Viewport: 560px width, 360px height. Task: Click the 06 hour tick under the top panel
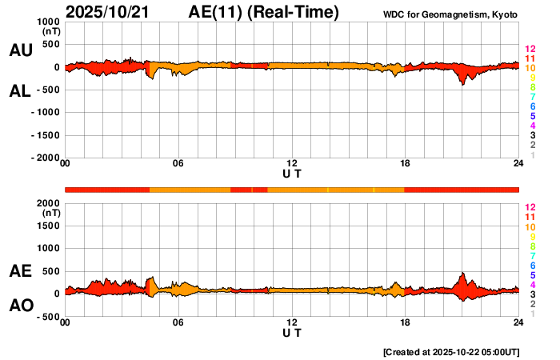tap(178, 164)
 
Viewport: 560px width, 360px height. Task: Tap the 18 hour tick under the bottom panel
tap(405, 322)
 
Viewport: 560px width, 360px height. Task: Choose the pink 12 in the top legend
tap(529, 50)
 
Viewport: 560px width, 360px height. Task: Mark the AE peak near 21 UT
tap(462, 274)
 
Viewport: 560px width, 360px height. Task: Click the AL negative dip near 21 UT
tap(462, 83)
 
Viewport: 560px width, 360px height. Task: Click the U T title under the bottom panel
tap(292, 332)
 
